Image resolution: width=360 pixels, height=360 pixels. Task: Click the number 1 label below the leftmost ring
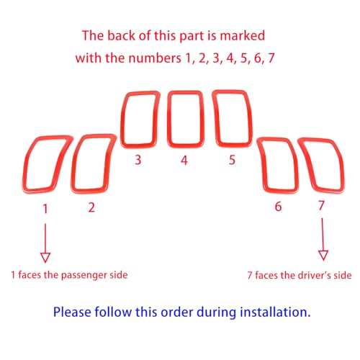point(45,209)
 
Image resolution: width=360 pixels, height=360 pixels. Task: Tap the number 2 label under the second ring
point(91,207)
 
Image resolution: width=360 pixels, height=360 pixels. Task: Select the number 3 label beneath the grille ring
point(138,160)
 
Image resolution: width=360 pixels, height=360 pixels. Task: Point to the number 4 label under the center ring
point(184,161)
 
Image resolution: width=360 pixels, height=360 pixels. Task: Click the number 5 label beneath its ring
point(232,160)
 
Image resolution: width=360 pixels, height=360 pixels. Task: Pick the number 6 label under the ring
point(278,207)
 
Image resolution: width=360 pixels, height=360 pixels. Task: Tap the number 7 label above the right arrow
point(321,205)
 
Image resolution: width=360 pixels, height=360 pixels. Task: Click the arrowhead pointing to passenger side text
point(45,258)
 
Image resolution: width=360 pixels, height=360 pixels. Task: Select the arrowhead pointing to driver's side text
point(323,256)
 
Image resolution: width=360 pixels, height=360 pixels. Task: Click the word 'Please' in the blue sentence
point(72,312)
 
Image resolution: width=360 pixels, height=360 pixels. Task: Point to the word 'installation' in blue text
point(274,312)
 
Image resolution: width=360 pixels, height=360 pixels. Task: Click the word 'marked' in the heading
point(243,35)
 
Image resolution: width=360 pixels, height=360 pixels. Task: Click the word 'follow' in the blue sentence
point(113,312)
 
